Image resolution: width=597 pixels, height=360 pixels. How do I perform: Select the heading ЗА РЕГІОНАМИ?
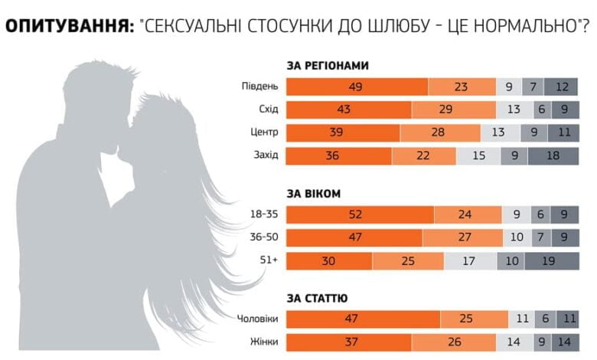328,67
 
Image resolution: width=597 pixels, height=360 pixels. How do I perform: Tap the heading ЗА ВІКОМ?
314,193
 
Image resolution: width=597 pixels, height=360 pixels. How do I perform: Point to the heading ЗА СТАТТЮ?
318,297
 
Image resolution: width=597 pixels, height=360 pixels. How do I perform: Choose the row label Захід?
265,156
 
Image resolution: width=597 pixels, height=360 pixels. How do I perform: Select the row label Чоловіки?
257,318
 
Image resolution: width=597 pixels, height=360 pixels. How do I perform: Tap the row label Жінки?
264,341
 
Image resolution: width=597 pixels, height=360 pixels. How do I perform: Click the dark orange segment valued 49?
357,86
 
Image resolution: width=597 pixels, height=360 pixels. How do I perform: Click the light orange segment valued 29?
446,110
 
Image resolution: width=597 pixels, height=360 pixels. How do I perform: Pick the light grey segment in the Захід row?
478,156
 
